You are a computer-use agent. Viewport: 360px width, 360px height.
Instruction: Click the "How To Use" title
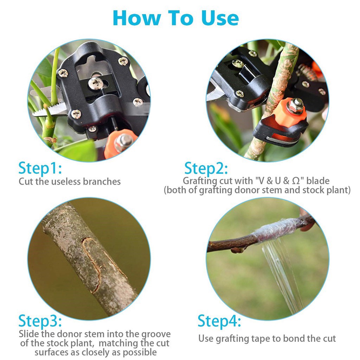tap(176, 18)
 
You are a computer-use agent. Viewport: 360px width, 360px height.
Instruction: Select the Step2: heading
tap(206, 168)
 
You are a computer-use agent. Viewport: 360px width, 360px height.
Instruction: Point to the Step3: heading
tap(40, 321)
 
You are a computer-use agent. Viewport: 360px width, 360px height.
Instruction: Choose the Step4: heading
tap(219, 321)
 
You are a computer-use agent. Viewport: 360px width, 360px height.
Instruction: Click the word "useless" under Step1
tap(66, 182)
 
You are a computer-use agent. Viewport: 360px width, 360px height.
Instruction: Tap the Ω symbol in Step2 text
tap(296, 181)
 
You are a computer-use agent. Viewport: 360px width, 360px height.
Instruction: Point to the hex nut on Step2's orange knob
tap(295, 106)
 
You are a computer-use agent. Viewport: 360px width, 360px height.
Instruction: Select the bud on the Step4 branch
tap(238, 249)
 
